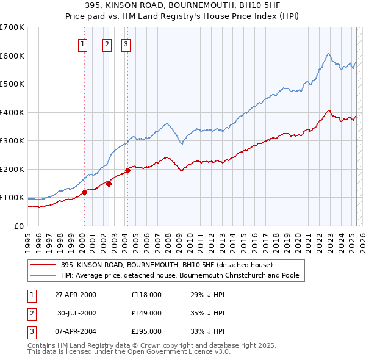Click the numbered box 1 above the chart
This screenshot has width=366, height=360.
pos(82,43)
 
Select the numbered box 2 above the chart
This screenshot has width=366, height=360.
pos(107,43)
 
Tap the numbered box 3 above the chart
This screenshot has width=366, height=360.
pos(125,43)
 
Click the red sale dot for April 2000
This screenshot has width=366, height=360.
pos(84,192)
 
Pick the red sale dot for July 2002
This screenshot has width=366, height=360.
pos(109,183)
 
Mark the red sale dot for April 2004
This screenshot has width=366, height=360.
pos(127,170)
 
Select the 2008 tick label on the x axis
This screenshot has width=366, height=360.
pos(167,239)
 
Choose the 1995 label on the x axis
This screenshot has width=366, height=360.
pos(28,239)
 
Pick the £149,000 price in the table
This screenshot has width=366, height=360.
pos(146,313)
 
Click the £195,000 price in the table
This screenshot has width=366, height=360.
pos(146,331)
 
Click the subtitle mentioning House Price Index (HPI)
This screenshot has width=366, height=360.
pos(182,16)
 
